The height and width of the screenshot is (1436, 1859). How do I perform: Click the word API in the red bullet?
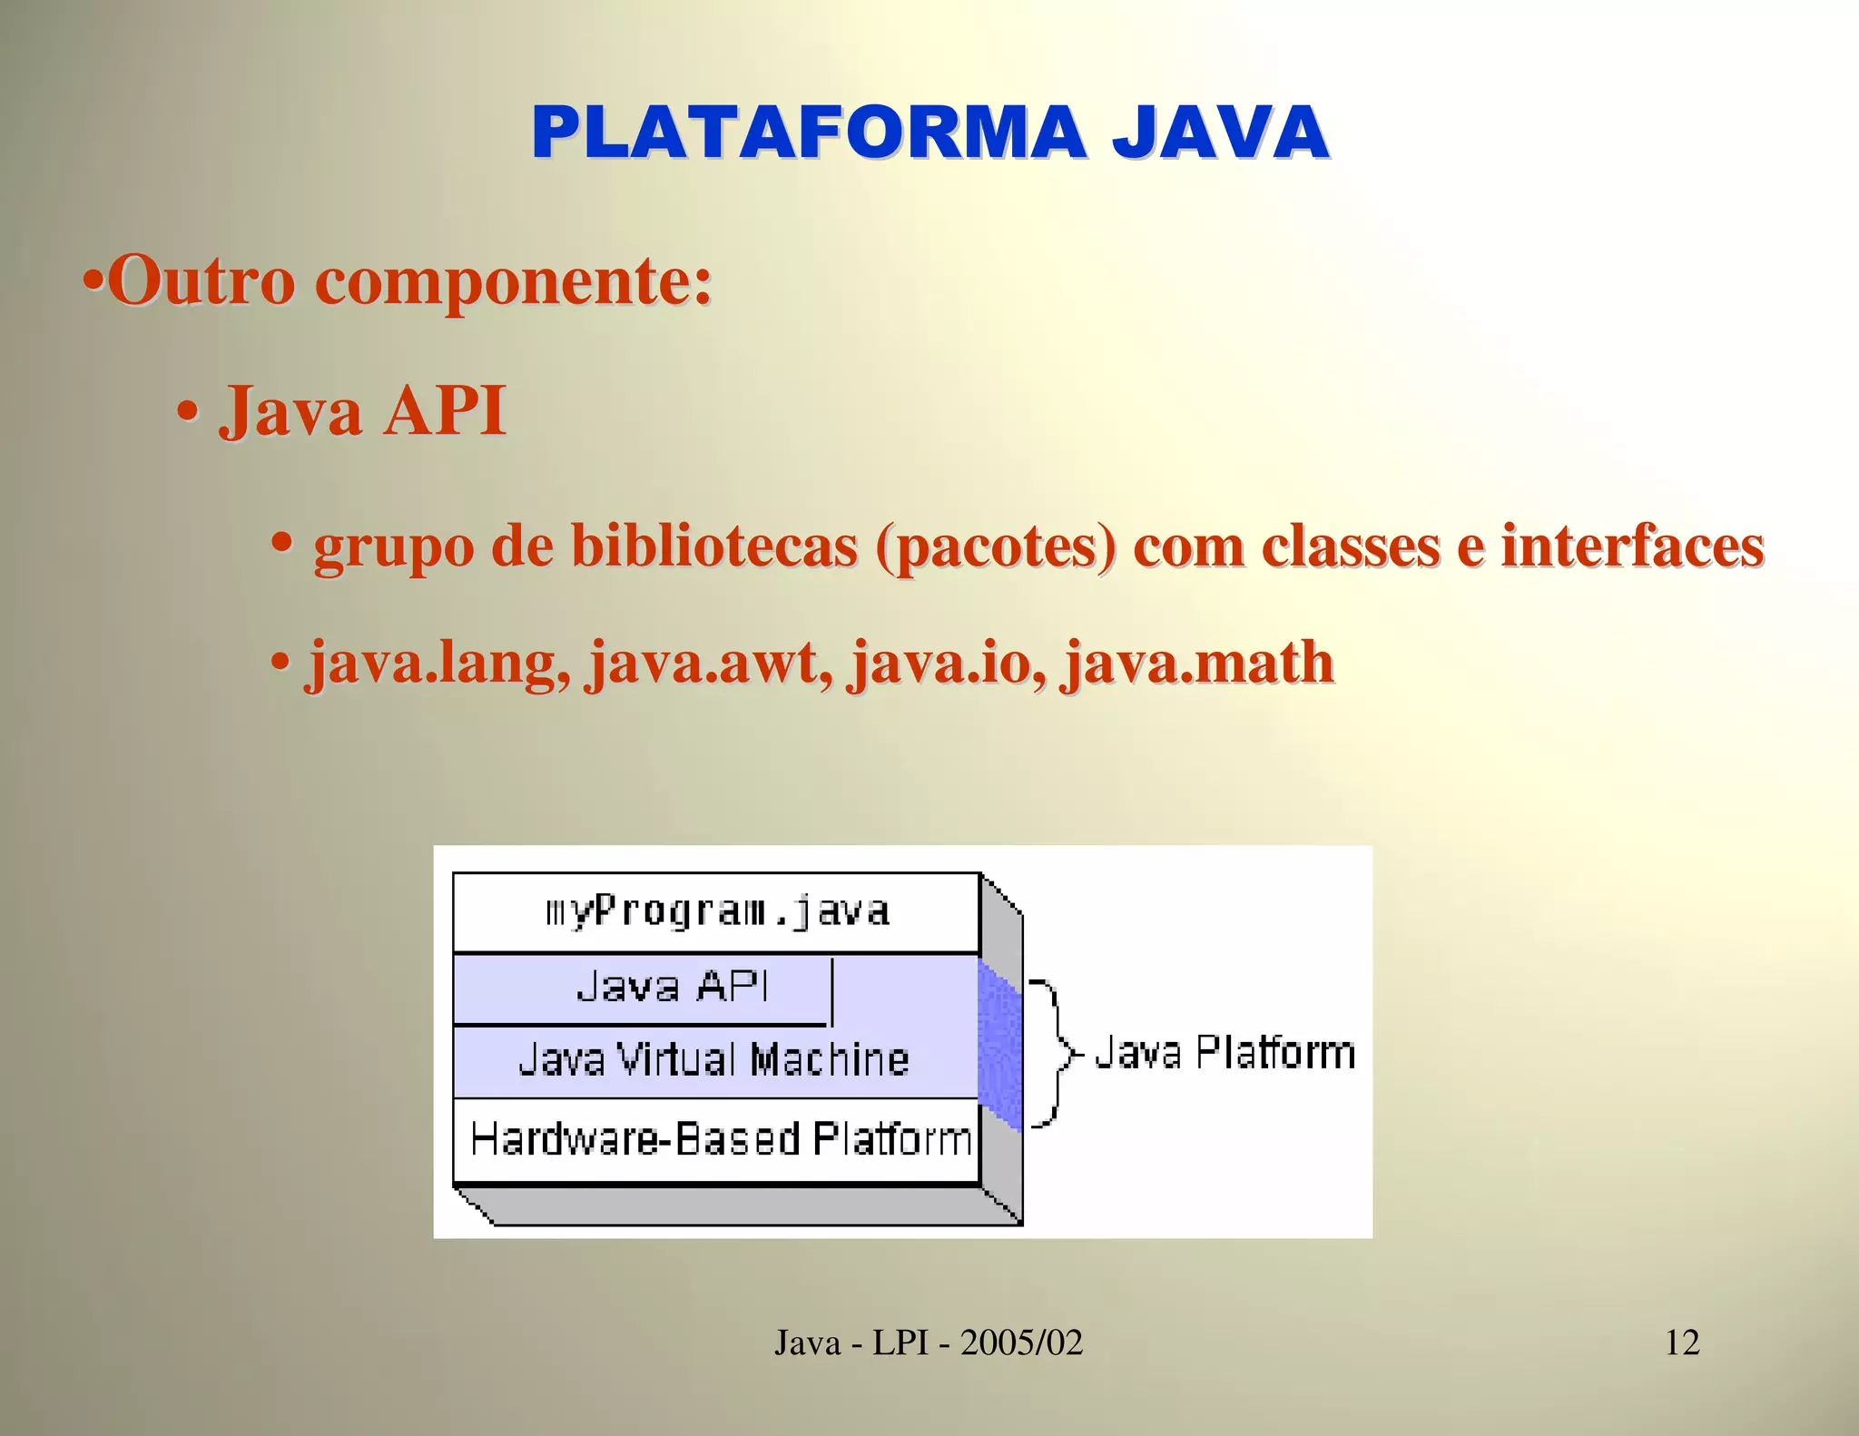445,411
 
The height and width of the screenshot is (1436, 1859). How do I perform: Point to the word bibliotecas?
713,546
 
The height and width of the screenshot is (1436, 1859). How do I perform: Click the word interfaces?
1632,546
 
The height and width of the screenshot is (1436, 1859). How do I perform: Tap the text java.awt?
710,663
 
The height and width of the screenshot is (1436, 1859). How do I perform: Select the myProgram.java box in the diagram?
716,912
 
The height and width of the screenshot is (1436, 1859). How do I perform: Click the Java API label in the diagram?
673,987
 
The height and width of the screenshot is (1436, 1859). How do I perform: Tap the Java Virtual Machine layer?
713,1060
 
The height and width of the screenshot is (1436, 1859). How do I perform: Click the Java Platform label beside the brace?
1225,1053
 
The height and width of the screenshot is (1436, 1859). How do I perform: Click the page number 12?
1682,1342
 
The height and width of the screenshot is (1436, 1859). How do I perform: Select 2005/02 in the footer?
1021,1342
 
